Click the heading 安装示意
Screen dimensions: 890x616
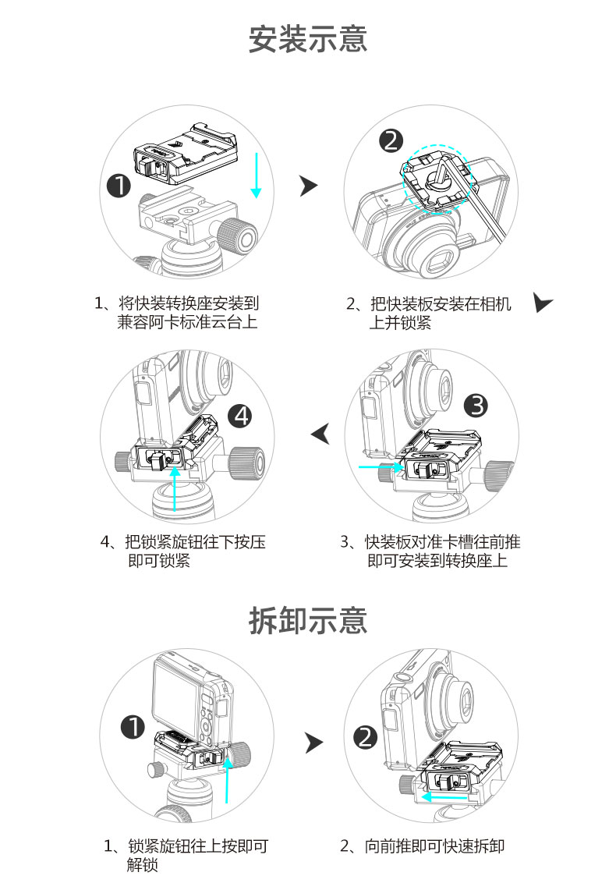coord(308,39)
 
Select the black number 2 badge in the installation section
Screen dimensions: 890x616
coord(391,140)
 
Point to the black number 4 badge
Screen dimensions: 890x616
coord(243,416)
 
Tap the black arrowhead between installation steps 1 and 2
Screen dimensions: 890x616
coord(310,185)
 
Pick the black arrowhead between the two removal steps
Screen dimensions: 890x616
coord(313,743)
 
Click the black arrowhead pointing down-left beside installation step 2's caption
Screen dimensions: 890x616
coord(543,303)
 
